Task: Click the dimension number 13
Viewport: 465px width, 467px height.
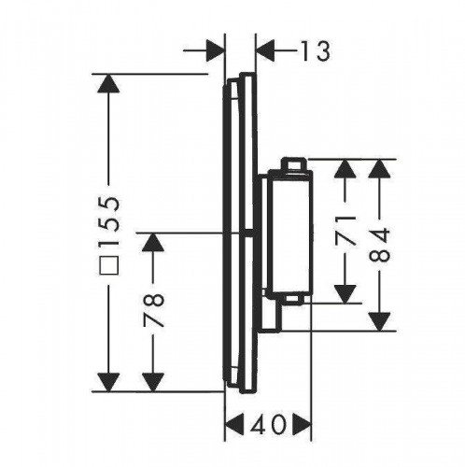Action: (315, 51)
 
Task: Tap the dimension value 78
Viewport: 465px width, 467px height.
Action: (153, 310)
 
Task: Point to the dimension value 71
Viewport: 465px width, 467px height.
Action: (345, 231)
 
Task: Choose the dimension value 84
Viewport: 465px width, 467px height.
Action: (379, 245)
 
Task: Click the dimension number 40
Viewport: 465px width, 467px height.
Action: (268, 425)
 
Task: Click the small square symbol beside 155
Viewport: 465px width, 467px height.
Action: (108, 265)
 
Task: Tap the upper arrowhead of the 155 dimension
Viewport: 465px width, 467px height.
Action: (108, 83)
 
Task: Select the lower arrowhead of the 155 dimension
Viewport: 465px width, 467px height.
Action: (108, 382)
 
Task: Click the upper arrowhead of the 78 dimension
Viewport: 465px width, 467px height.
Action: (153, 242)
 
